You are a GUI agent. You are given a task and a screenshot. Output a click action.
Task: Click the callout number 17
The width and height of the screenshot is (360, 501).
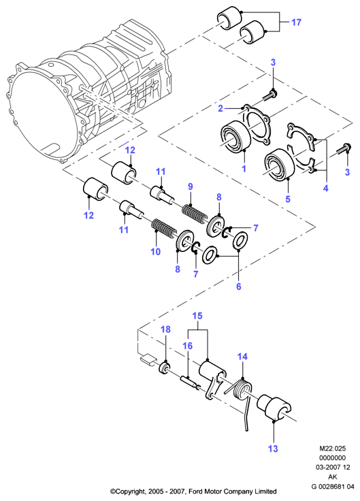coord(296,22)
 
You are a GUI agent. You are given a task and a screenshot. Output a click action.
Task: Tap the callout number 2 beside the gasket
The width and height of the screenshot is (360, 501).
coord(220,108)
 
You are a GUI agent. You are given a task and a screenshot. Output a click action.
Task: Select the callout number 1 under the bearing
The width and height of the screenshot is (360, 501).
coord(244,168)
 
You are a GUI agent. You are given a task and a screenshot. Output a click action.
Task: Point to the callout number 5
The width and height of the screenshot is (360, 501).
coord(288,199)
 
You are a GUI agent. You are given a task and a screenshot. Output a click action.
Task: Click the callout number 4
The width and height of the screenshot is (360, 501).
coord(325,188)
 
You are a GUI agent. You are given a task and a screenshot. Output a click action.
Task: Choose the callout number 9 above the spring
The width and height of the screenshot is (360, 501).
coord(191,187)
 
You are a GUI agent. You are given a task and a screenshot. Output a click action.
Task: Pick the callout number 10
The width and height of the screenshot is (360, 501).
coord(156,251)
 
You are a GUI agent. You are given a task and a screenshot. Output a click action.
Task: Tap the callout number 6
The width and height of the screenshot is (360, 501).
coord(239,287)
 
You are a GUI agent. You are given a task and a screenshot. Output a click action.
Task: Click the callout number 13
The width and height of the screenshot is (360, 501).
coord(273,449)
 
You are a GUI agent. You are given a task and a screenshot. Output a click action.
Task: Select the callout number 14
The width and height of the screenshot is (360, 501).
coord(242,356)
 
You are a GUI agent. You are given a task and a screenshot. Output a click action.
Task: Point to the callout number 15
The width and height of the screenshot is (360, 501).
coord(197,316)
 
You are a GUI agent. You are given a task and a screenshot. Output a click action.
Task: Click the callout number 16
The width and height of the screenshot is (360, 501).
coord(188,345)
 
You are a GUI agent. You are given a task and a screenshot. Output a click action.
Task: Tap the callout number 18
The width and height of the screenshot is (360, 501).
coord(166,329)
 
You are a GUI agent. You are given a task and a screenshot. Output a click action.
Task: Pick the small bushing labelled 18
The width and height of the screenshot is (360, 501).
coord(165,368)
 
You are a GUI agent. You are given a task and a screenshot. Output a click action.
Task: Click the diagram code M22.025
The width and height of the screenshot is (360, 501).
coord(333,449)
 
